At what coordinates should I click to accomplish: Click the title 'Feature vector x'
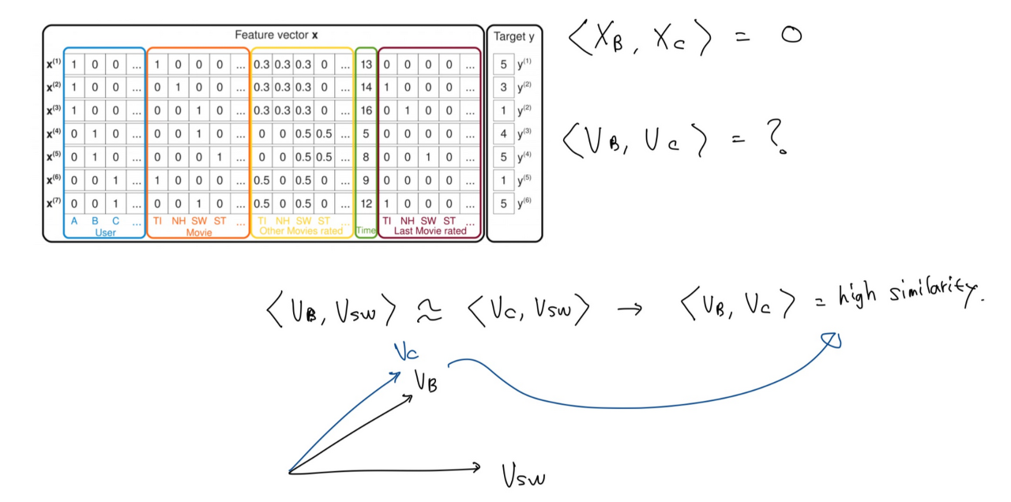276,36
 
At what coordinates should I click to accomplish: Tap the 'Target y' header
513,36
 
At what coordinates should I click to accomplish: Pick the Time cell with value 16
366,111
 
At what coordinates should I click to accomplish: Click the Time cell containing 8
366,157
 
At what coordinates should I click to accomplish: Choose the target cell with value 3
503,88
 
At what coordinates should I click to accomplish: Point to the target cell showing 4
503,134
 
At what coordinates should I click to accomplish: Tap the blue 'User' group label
105,233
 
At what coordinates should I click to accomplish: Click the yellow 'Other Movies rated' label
302,232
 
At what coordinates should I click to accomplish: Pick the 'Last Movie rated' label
430,232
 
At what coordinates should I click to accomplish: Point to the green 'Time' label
366,230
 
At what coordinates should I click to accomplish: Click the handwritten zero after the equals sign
791,36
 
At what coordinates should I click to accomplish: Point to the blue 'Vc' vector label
407,353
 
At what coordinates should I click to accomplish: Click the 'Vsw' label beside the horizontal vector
523,475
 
